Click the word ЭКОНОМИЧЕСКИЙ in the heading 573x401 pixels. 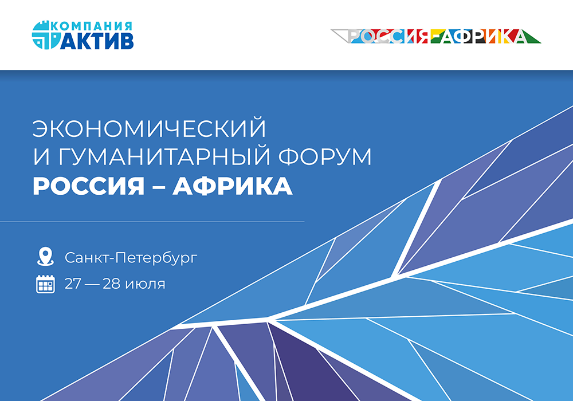150,129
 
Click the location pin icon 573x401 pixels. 45,256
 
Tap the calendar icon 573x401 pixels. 45,284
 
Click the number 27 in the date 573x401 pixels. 73,284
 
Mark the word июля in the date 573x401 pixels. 147,284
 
